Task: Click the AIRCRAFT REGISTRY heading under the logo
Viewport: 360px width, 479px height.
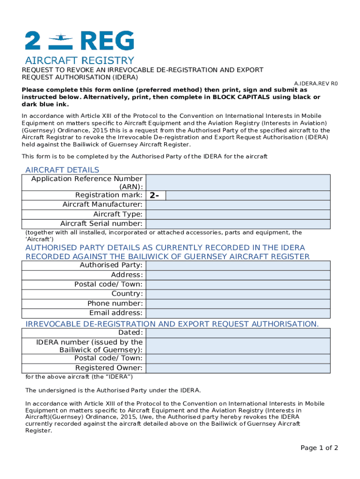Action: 79,60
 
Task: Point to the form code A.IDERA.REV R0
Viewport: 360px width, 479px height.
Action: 316,84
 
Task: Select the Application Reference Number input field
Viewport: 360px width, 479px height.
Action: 238,182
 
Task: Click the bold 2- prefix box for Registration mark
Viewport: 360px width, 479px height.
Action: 156,195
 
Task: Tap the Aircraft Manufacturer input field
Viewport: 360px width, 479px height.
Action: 238,204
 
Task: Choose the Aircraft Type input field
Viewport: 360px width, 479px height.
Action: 238,214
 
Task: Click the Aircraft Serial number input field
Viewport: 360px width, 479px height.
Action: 238,224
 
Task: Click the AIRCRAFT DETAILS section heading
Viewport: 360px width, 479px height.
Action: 62,170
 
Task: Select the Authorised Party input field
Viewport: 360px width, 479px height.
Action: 238,265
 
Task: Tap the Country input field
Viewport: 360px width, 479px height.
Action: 238,294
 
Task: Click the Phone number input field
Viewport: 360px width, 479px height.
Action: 238,303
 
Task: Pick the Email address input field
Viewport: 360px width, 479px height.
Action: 238,313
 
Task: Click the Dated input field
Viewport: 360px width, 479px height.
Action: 238,333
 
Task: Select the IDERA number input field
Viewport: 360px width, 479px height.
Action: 238,346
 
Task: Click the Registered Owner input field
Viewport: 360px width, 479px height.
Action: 238,368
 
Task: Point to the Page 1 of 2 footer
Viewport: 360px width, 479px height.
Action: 319,448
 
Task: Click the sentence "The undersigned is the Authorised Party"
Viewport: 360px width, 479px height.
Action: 113,390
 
